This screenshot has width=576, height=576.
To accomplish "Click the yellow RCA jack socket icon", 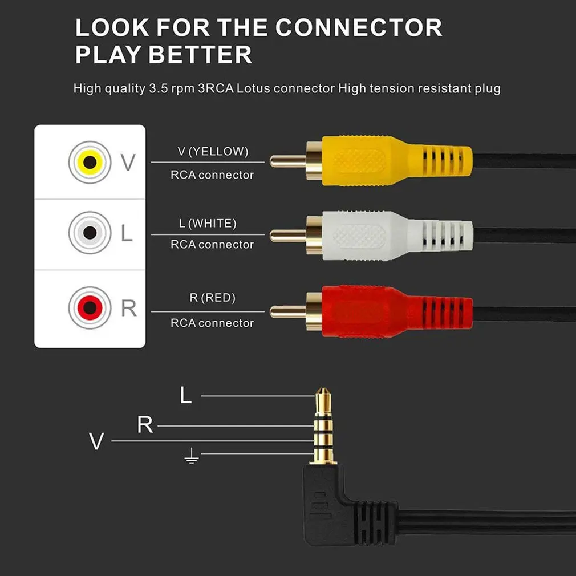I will (90, 162).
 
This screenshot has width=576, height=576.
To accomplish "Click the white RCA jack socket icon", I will (90, 233).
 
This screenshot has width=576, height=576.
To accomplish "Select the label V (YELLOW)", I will (212, 152).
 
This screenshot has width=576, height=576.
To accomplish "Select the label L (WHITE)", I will (208, 223).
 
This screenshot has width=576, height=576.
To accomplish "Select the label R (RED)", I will (212, 298).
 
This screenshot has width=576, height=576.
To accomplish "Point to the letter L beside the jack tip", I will (185, 396).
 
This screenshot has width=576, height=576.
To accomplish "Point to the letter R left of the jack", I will (145, 425).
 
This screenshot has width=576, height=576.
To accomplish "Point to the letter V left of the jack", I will (97, 441).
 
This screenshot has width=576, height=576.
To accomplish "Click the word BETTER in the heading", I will (196, 55).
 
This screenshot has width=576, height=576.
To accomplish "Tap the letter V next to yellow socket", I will (129, 162).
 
